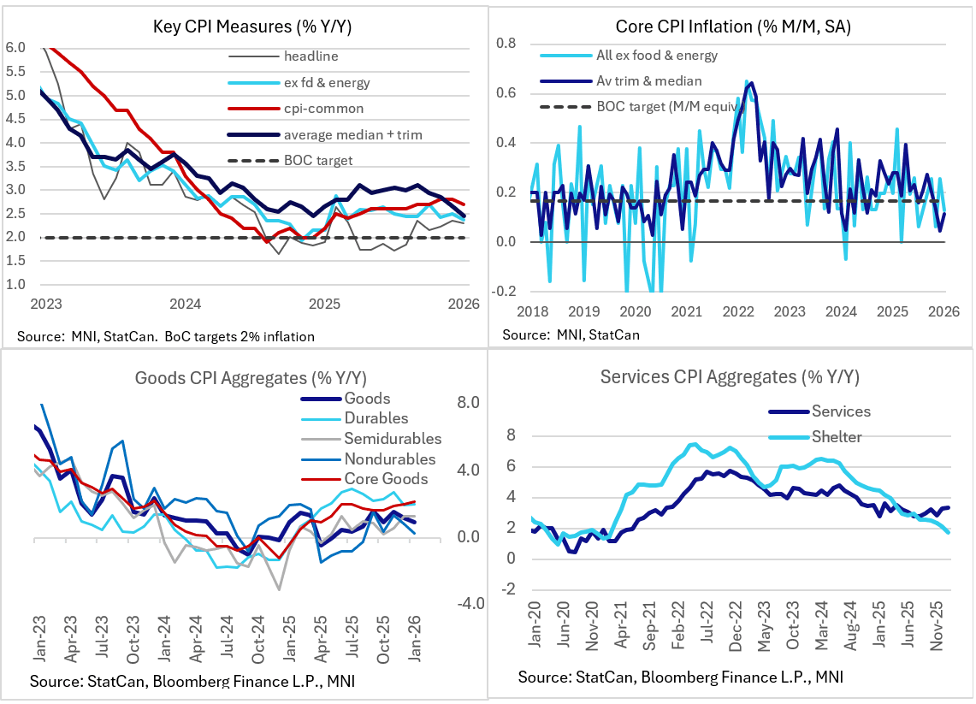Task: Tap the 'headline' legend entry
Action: (311, 56)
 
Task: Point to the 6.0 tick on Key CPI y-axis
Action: (16, 48)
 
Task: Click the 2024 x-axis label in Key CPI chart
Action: (185, 305)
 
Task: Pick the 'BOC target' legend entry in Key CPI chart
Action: (317, 159)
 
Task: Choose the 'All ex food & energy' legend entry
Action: (656, 56)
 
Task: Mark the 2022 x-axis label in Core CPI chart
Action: (737, 311)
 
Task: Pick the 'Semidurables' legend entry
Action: (392, 439)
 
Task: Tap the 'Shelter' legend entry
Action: (838, 437)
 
